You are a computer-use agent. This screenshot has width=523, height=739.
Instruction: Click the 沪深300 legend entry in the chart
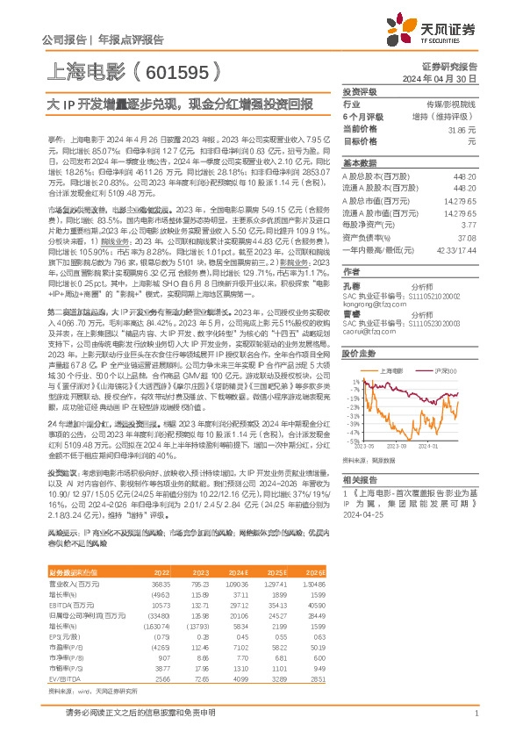click(x=445, y=371)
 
